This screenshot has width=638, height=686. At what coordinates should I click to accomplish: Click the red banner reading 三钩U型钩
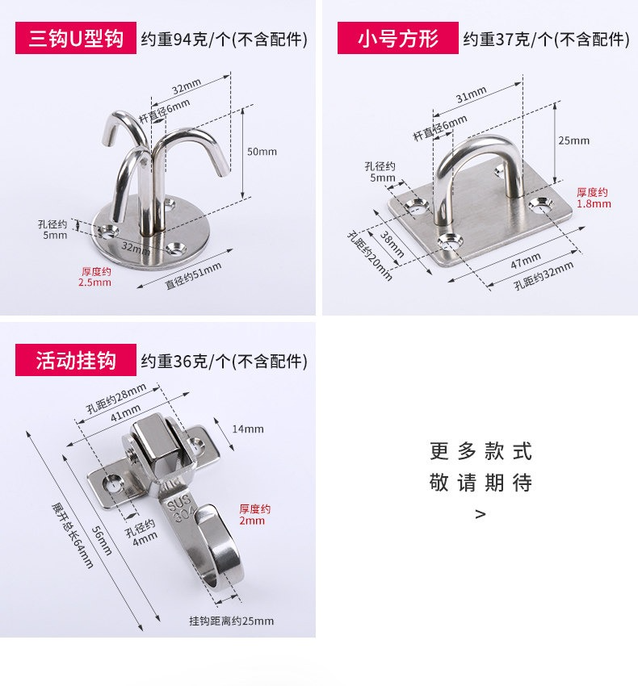tap(76, 38)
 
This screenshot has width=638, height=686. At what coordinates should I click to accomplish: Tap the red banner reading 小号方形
tap(397, 38)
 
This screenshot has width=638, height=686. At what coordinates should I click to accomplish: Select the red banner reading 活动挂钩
tap(76, 360)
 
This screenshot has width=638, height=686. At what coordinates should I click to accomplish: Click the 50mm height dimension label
tap(262, 152)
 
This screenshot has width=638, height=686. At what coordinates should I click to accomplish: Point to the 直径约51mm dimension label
tap(193, 276)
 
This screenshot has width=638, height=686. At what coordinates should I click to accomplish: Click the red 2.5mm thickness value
tap(94, 282)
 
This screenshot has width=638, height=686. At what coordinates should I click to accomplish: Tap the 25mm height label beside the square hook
tap(573, 140)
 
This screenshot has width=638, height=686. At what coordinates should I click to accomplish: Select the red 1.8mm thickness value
tap(594, 204)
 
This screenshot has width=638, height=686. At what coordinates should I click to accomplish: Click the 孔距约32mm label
tap(544, 276)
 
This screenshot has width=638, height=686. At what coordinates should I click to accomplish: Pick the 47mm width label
tap(526, 261)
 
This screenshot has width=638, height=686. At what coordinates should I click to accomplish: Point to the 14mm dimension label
tap(248, 429)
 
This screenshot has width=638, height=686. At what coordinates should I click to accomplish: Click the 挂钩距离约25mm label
tap(231, 621)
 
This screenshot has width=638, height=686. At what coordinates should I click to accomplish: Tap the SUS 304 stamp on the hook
tap(179, 508)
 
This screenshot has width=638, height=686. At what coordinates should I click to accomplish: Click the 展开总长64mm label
tap(72, 535)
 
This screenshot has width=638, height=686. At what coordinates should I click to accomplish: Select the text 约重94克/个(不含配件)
tap(224, 40)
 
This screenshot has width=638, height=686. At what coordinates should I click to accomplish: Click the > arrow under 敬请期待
tap(481, 514)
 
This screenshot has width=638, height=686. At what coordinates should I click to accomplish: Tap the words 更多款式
tap(481, 451)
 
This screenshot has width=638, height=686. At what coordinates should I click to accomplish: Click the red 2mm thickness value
tap(252, 521)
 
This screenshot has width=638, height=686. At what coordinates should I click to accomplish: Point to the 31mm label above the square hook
tap(471, 94)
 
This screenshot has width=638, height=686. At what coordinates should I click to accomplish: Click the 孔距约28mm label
tap(116, 398)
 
